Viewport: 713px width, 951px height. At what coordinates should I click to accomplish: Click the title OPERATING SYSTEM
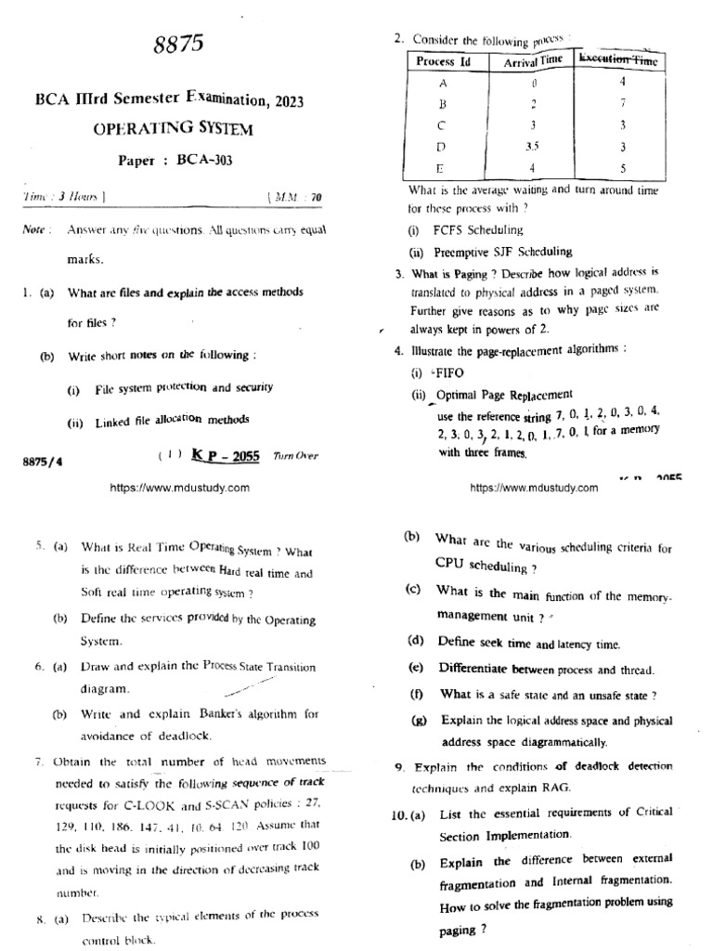point(173,128)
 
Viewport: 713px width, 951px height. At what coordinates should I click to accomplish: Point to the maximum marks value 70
point(316,197)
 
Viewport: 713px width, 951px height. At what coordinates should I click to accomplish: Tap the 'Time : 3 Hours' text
point(63,197)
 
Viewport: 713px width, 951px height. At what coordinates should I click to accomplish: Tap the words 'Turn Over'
point(295,456)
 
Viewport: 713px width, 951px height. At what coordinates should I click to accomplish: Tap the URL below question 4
point(534,487)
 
